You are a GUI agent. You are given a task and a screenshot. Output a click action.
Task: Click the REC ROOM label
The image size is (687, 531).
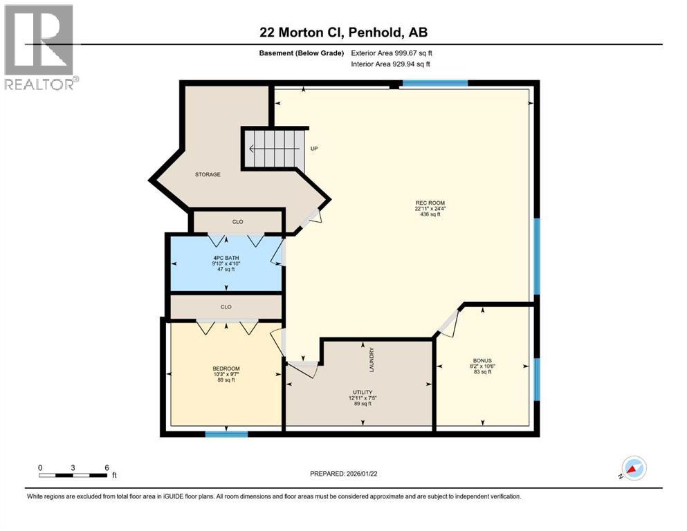(x=430, y=203)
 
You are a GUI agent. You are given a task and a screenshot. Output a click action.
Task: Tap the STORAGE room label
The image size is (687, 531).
(x=207, y=174)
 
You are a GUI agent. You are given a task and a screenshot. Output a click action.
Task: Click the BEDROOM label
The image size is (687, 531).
(x=226, y=369)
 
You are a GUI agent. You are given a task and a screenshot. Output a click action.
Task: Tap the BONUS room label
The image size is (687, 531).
(x=482, y=361)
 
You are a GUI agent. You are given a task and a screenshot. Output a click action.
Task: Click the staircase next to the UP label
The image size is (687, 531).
(x=273, y=148)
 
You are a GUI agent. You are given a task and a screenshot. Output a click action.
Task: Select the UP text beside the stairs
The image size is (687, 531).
(x=313, y=149)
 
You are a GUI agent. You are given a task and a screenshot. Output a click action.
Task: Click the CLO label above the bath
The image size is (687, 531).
(x=237, y=222)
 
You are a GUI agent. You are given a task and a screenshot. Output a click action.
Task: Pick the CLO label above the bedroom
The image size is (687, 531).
(x=226, y=307)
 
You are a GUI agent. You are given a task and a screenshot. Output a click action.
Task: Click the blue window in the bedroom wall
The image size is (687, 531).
(x=226, y=434)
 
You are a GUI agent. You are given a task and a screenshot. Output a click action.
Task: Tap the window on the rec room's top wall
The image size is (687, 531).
(x=434, y=84)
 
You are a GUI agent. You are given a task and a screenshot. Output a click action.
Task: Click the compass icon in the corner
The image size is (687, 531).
(x=633, y=469)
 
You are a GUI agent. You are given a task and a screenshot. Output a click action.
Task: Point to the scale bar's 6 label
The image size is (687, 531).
(x=107, y=467)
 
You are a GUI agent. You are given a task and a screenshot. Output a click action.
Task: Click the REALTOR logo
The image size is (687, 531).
(x=40, y=47)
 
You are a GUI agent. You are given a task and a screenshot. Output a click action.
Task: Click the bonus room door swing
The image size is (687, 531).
(x=448, y=323)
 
